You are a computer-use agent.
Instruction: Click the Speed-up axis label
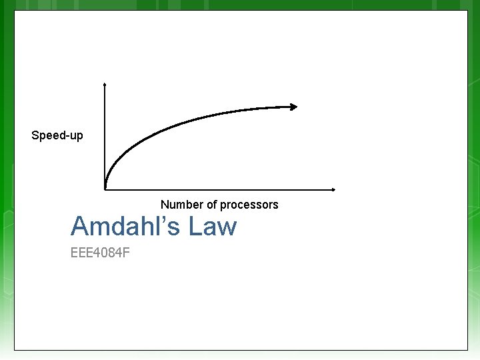57,136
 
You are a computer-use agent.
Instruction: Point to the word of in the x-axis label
210,205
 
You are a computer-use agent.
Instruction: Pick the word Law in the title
212,227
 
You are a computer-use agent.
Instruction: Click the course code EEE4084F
100,253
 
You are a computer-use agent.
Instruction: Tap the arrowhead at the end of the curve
293,106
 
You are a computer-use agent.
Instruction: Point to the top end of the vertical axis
105,85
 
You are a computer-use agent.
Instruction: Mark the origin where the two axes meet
105,189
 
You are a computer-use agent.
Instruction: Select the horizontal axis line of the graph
220,189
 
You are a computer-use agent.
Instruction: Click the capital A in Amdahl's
80,227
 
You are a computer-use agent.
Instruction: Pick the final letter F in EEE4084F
125,253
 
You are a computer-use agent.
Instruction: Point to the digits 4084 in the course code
106,253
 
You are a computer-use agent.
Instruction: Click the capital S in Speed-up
35,136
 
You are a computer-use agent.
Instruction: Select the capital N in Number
165,205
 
